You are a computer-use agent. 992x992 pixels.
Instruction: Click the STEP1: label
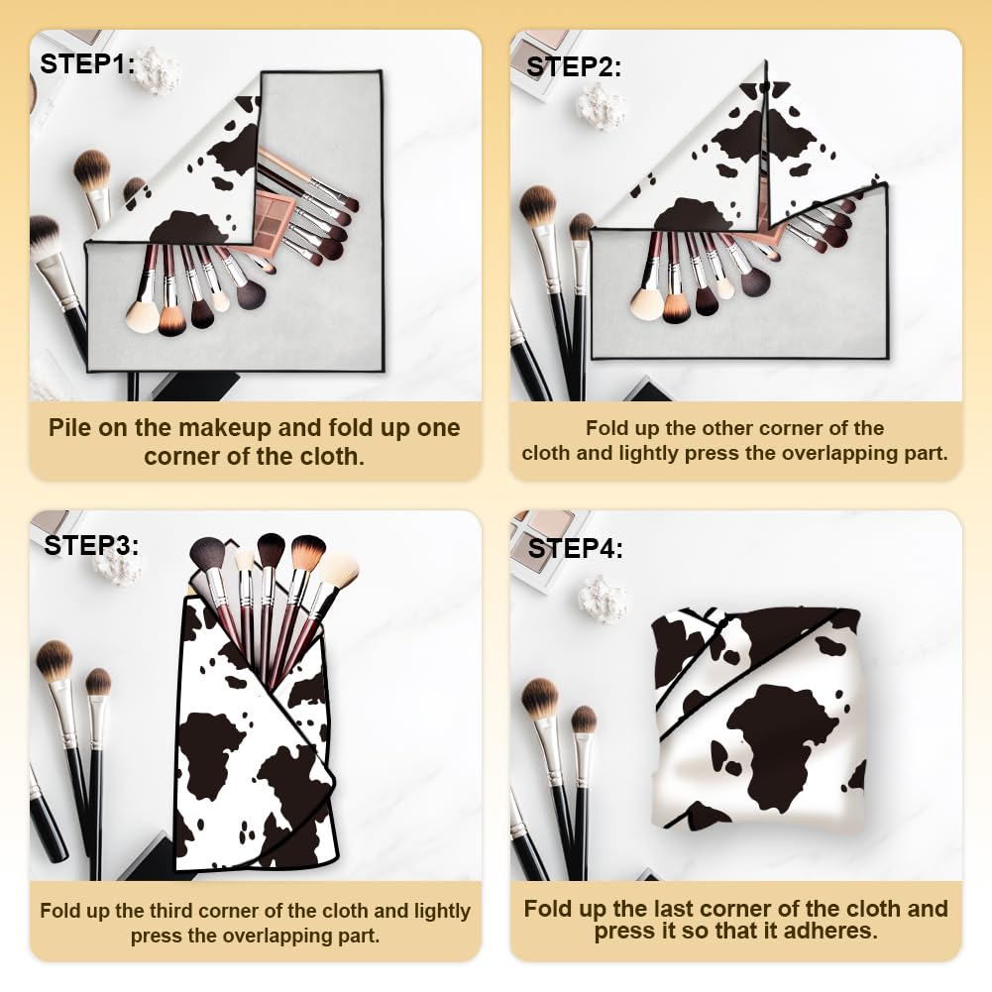[x=87, y=63]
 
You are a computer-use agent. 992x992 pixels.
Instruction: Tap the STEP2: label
[x=574, y=67]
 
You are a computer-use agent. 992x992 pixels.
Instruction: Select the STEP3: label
[x=91, y=545]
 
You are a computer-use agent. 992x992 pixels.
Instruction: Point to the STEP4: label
[x=575, y=548]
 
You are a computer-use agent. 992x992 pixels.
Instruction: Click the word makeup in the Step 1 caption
[x=225, y=428]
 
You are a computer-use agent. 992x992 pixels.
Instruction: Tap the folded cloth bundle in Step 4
[x=758, y=719]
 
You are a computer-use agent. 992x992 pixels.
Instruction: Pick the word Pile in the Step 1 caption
[x=69, y=428]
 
